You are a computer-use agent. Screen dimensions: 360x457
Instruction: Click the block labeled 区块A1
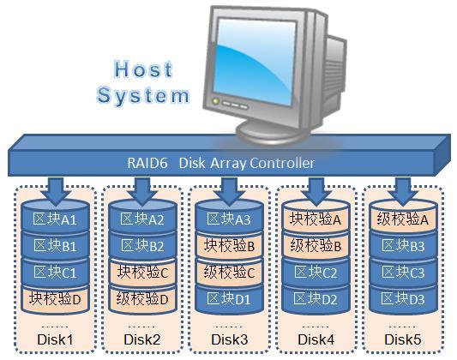56,220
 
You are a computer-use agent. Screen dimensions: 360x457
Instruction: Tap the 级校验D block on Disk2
143,298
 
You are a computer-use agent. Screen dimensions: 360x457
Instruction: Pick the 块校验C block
143,273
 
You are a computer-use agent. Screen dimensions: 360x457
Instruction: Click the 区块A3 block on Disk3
229,220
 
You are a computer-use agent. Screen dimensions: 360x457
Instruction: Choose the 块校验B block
229,247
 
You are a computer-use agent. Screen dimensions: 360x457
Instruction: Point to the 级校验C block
229,273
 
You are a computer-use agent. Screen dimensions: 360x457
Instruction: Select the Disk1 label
56,340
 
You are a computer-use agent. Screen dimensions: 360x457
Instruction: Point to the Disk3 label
229,340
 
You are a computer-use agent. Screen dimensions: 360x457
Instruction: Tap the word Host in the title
143,69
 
